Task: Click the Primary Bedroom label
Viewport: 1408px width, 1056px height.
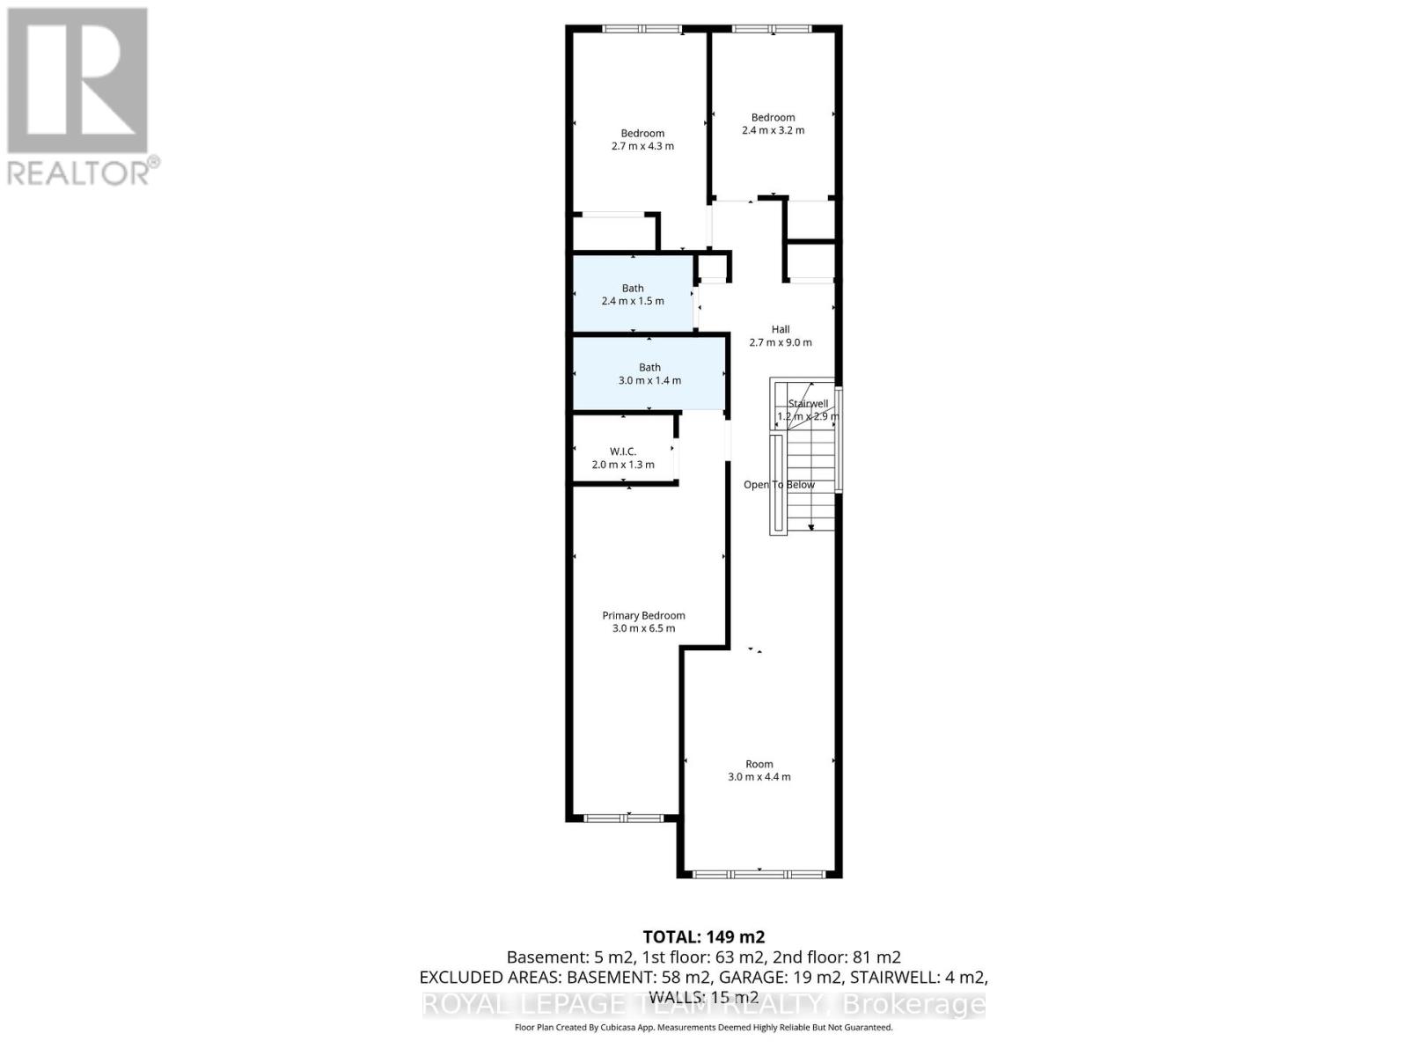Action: point(643,616)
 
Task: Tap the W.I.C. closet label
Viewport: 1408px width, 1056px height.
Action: point(622,451)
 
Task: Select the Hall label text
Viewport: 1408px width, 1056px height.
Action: point(781,329)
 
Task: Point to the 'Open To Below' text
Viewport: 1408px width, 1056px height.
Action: point(779,485)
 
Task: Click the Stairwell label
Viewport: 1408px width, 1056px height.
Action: point(808,404)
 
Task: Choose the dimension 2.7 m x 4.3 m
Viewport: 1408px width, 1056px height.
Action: point(642,146)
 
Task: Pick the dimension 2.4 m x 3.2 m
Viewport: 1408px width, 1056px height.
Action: point(773,130)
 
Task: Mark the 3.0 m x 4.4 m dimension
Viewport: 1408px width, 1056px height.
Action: point(759,777)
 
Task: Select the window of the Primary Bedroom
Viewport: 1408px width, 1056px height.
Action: point(624,818)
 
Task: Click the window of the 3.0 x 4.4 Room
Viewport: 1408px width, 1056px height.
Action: point(759,874)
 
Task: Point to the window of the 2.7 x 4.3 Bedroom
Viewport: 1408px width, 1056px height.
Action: point(642,29)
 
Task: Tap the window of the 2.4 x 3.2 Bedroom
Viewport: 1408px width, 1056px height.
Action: point(773,29)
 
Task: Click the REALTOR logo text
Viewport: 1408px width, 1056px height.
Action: point(84,172)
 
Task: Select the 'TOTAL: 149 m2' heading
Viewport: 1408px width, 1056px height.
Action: point(704,936)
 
